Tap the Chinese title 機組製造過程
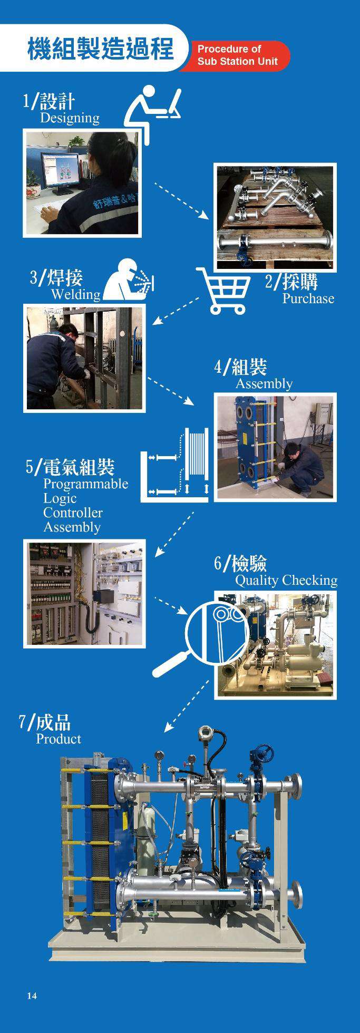click(x=101, y=49)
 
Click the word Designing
click(x=70, y=118)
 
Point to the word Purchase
click(x=308, y=298)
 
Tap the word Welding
click(x=75, y=294)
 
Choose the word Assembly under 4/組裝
click(x=264, y=383)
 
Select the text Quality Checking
click(x=286, y=581)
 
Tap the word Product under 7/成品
click(x=59, y=739)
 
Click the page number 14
click(x=32, y=996)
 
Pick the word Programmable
click(x=85, y=484)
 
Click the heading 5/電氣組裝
click(x=70, y=466)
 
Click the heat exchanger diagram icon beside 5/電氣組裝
click(x=176, y=464)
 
